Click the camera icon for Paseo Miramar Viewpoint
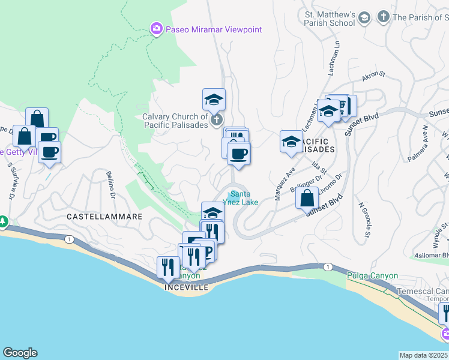tap(156, 29)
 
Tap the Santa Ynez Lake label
tap(241, 198)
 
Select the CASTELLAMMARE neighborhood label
tap(104, 216)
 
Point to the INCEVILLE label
tap(187, 288)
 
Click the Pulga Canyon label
tap(372, 276)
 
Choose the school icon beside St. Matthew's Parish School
tap(364, 19)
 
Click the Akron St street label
tap(373, 77)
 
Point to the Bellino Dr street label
tap(110, 187)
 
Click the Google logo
tap(20, 353)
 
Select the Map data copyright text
tap(424, 355)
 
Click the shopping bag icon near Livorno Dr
tap(307, 197)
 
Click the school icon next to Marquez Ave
tap(291, 142)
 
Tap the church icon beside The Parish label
tap(383, 17)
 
